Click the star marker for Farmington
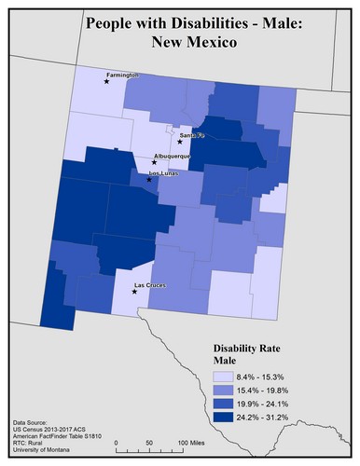coord(107,82)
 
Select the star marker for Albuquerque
coord(155,162)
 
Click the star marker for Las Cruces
coord(134,292)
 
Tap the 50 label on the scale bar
coord(148,442)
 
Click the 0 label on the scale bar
coord(115,442)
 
